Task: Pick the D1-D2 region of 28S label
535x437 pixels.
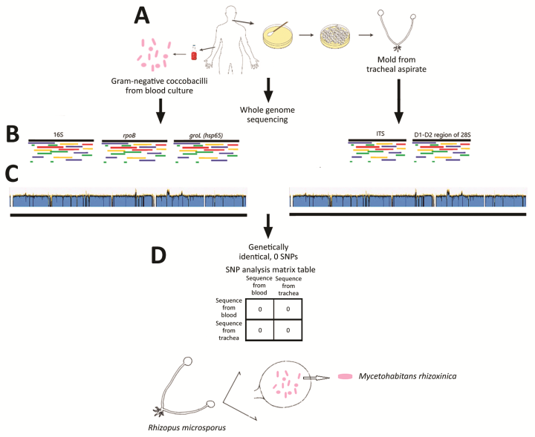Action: pyautogui.click(x=444, y=134)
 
